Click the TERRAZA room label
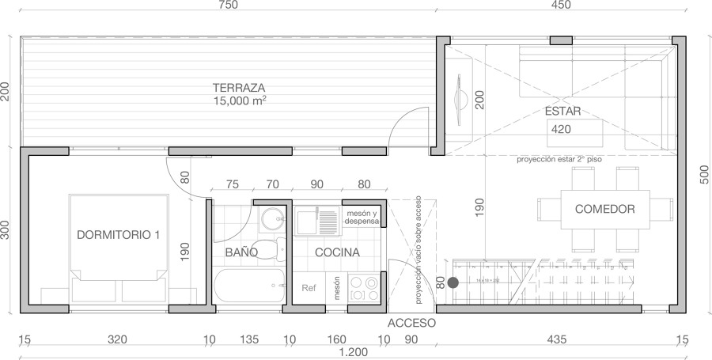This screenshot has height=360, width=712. (x=238, y=87)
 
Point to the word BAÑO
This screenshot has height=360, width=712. (x=241, y=252)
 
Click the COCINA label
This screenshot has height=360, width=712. (x=337, y=252)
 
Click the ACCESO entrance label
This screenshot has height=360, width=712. (x=412, y=323)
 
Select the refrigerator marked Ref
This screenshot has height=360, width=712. (x=309, y=288)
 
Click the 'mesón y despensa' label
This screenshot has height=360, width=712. (x=362, y=218)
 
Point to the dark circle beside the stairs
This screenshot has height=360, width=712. (x=453, y=282)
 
